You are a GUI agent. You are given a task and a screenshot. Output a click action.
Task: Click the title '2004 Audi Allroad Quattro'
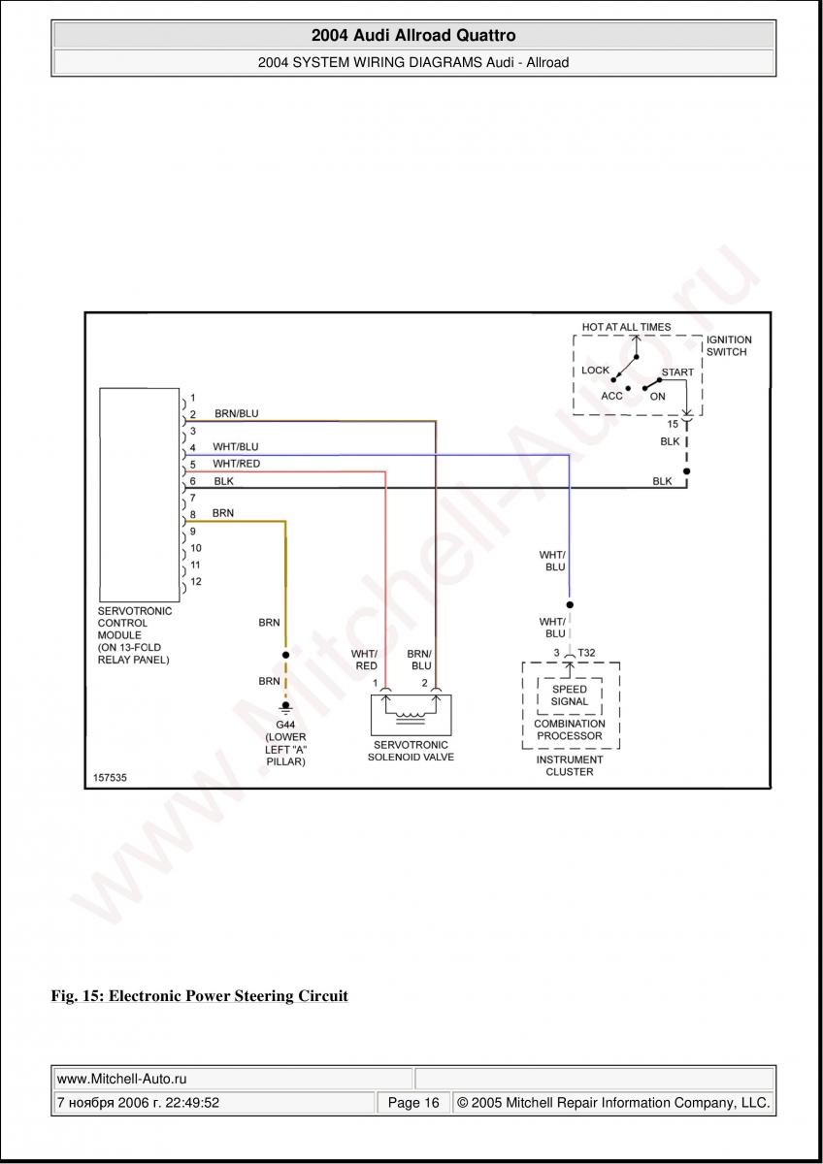pos(413,36)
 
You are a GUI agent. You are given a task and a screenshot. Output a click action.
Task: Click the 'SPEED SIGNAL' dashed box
pos(570,695)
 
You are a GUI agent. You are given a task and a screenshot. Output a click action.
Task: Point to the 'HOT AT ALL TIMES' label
pos(626,327)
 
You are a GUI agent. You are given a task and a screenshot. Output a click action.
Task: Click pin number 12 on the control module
pos(195,582)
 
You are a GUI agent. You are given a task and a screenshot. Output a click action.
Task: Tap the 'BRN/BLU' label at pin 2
pos(236,413)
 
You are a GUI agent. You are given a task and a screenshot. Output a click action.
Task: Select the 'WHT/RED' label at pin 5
pos(236,464)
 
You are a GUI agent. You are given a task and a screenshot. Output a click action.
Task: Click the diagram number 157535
pos(111,778)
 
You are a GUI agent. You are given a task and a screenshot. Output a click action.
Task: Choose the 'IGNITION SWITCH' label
pos(729,346)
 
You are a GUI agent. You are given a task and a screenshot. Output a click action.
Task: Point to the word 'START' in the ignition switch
pos(677,372)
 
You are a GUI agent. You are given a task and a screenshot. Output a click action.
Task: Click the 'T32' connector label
pos(586,653)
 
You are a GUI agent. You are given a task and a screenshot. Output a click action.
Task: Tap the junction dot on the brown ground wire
pos(285,655)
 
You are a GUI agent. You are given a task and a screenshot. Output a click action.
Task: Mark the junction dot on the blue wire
pos(570,600)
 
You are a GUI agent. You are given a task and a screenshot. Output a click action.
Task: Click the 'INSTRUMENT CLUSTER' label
pos(570,765)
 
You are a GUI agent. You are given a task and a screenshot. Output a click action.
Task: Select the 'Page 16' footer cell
pos(413,1103)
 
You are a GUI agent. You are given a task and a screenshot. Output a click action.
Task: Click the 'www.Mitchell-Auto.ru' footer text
pos(122,1078)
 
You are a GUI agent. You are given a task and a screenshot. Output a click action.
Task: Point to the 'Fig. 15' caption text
pos(199,996)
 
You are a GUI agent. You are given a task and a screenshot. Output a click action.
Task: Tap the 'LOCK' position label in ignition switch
pos(595,371)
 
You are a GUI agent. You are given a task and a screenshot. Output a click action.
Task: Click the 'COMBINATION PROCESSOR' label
pos(570,729)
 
